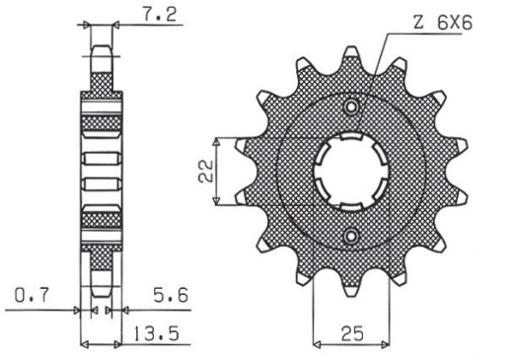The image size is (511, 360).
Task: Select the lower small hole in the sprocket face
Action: pyautogui.click(x=350, y=235)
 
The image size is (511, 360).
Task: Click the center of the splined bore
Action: pyautogui.click(x=350, y=171)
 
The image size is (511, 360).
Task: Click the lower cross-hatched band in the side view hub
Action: pyautogui.click(x=102, y=217)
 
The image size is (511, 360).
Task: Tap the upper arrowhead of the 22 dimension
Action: pyautogui.click(x=239, y=140)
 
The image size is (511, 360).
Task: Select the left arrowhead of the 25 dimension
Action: pyautogui.click(x=316, y=345)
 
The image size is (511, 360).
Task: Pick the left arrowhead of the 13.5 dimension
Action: pyautogui.click(x=83, y=345)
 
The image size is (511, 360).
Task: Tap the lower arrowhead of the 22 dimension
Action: pyautogui.click(x=239, y=204)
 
